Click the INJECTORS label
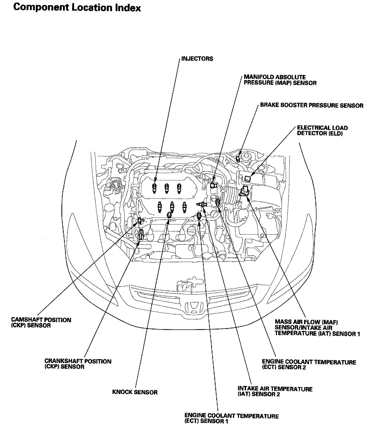pos(197,59)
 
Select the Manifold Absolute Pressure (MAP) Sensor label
pos(280,80)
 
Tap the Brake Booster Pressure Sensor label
pos(312,105)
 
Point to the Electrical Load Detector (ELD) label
pos(322,130)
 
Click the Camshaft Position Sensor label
pos(41,322)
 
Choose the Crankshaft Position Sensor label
pos(78,364)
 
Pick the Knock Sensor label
pos(135,392)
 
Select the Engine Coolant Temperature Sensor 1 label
pos(232,419)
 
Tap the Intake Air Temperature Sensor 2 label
pos(275,391)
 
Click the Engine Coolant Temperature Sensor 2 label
pos(309,365)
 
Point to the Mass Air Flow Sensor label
pos(317,328)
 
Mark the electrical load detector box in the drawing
pos(248,178)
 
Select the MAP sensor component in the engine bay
pos(213,185)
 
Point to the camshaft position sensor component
pos(140,220)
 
